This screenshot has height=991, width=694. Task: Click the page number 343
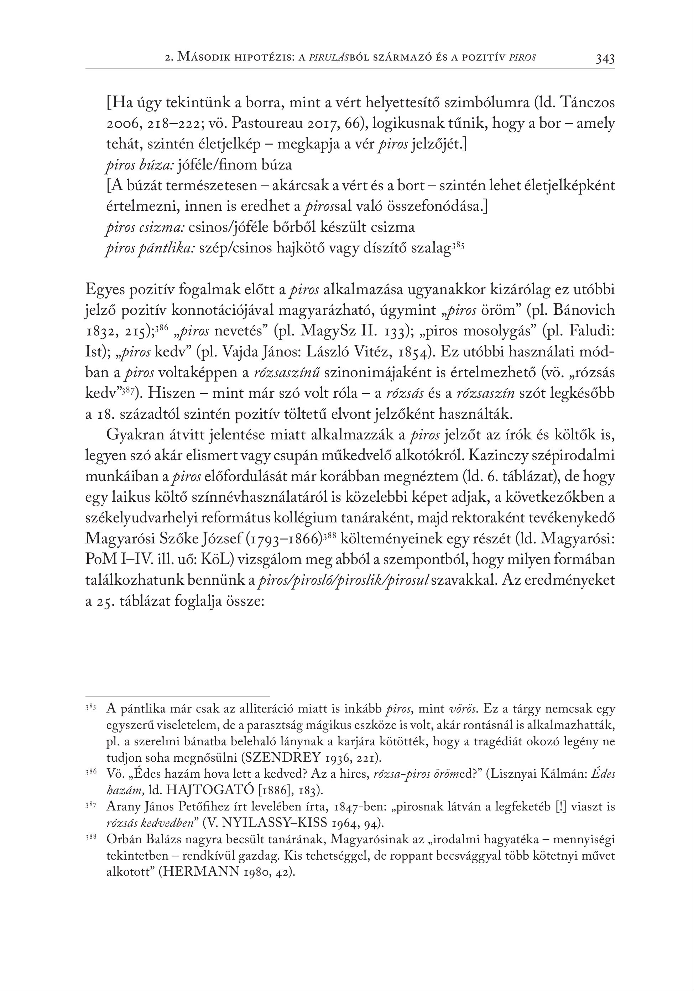[605, 59]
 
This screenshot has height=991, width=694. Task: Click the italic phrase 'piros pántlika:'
[151, 249]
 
